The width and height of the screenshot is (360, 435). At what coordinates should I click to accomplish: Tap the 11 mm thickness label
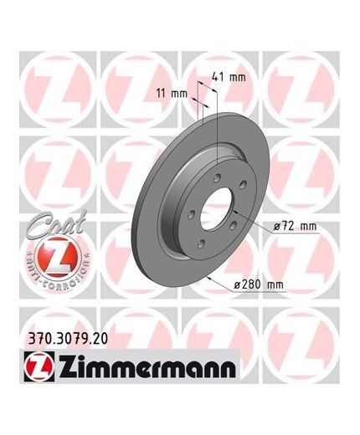pyautogui.click(x=171, y=92)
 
